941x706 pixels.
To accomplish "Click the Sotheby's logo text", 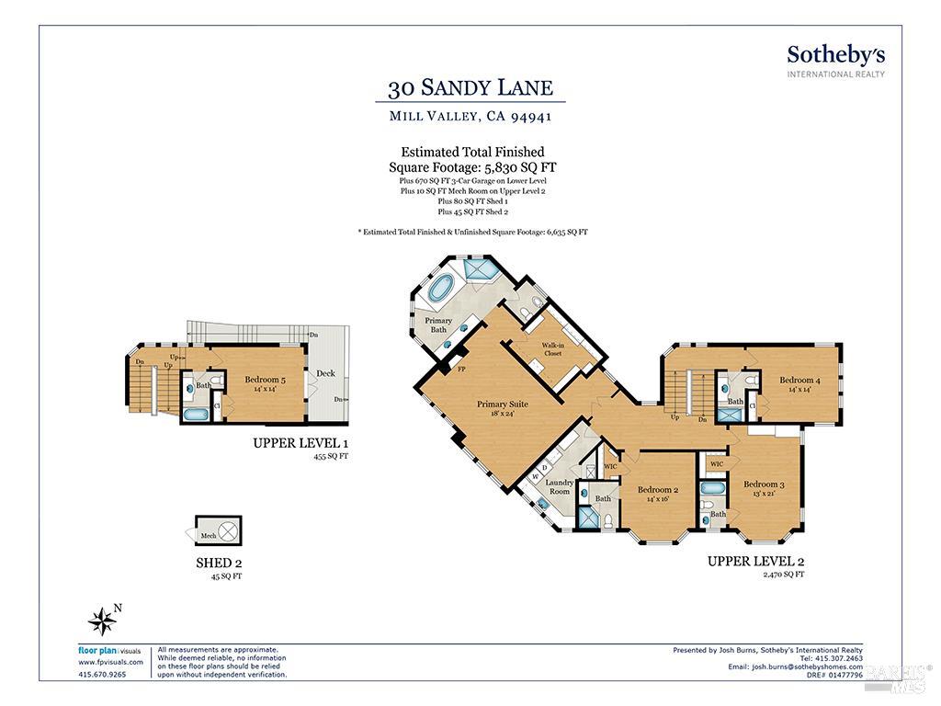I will pos(835,54).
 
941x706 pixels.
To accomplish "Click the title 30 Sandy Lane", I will pos(470,88).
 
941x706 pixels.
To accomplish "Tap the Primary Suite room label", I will pos(502,408).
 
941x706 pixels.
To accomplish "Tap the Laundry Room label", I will pos(559,486).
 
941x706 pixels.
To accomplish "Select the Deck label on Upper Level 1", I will pos(326,373).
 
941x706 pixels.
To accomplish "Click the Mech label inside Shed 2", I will pos(209,533).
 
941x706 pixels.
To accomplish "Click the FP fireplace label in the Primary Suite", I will pos(461,370).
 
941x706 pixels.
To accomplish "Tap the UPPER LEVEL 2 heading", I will pos(755,560).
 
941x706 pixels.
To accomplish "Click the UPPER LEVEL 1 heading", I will pos(301,443).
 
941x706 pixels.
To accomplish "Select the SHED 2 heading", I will pos(219,563).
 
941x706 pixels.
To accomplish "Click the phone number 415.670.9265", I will pos(102,674).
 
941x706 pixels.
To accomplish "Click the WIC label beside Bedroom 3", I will pos(716,464).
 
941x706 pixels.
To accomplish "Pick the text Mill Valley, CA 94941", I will pos(470,117).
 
